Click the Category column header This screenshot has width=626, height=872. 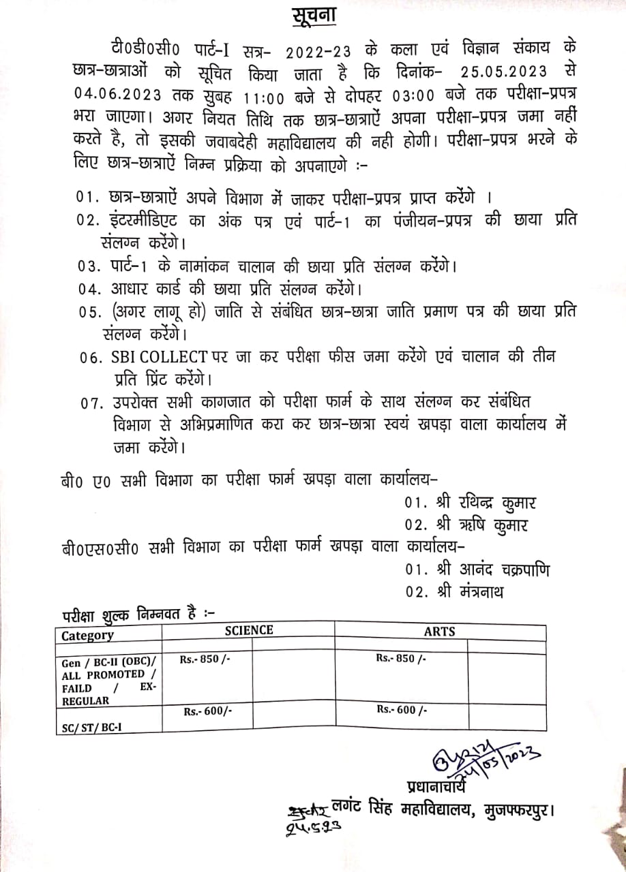coord(88,636)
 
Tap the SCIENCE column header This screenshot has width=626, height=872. coord(249,630)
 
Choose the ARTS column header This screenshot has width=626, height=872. coord(439,632)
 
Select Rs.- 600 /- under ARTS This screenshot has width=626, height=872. coord(402,710)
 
